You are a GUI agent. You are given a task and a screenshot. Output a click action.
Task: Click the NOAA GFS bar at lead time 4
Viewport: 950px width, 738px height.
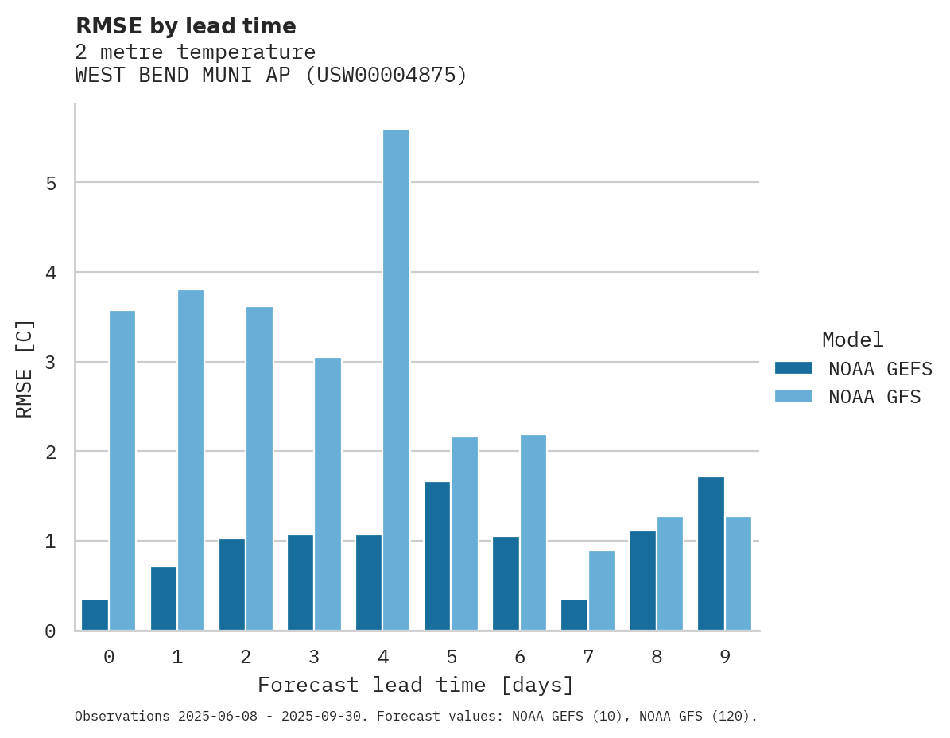tap(396, 380)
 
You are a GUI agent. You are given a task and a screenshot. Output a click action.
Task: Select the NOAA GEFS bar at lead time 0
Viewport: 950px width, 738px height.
tap(95, 615)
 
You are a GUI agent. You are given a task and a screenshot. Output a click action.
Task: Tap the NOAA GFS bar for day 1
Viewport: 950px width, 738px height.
tap(191, 460)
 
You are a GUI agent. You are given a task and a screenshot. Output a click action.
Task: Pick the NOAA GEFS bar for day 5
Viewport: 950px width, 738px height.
tap(437, 556)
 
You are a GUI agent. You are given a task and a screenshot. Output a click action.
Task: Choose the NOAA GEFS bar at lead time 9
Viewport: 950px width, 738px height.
tap(711, 553)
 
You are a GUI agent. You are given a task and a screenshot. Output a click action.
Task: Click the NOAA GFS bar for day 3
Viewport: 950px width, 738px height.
tap(328, 494)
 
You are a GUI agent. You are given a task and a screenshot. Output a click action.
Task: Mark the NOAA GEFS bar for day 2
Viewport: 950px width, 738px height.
tap(232, 585)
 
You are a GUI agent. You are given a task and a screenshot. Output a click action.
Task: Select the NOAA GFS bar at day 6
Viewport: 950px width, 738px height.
tap(533, 533)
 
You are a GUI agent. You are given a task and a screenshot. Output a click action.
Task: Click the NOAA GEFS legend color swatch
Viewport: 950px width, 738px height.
tap(793, 368)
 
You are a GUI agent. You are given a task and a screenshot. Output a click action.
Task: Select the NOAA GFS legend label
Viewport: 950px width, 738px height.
tap(874, 397)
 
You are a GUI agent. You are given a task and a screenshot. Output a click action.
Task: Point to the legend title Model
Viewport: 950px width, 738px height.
tap(852, 340)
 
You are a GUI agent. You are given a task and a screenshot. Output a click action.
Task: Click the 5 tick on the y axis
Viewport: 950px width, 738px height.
tap(50, 184)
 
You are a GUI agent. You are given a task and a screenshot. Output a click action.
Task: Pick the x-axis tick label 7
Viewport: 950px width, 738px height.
tap(588, 657)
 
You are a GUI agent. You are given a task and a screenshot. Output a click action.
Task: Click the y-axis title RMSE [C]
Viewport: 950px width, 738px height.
tap(25, 368)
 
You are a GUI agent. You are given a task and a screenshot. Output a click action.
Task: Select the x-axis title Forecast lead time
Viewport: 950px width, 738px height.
tap(415, 685)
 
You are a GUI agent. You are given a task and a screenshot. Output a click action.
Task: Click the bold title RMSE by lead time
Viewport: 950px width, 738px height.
tap(186, 26)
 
